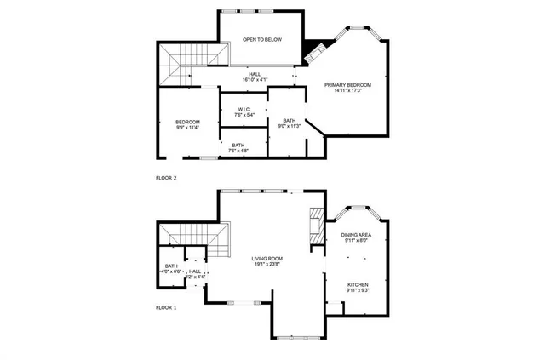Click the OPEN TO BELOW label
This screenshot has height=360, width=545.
[x=261, y=40]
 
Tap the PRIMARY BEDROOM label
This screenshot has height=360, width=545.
[x=348, y=84]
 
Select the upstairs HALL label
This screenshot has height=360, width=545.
[x=255, y=74]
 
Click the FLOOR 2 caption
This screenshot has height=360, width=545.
[x=166, y=178]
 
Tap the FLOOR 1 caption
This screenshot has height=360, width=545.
[x=166, y=307]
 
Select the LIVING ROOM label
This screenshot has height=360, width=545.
[x=267, y=259]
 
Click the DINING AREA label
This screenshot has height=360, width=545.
[x=356, y=235]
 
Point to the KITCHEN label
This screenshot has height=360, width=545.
[x=357, y=285]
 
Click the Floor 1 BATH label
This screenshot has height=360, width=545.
[x=171, y=266]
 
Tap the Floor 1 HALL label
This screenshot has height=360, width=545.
[x=195, y=271]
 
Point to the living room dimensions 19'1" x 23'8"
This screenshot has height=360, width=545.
[x=267, y=265]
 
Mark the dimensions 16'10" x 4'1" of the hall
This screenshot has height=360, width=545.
[x=255, y=80]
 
